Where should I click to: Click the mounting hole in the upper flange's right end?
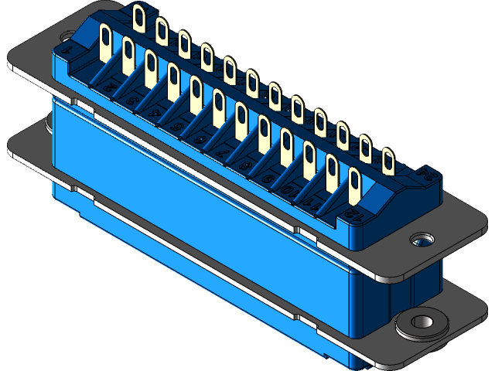coord(422,239)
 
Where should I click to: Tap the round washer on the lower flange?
coord(422,322)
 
